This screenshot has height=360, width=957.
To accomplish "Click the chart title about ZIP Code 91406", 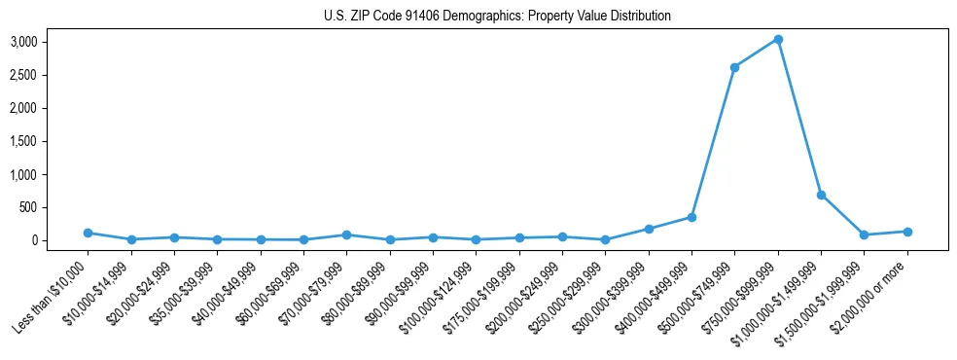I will pos(497,17).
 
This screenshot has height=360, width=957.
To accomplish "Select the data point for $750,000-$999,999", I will pos(778,40).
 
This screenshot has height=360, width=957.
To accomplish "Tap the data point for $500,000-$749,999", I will pos(734,67).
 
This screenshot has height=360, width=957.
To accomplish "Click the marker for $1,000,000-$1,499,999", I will pos(821,195).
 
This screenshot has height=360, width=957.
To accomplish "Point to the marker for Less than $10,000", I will pos(88,233).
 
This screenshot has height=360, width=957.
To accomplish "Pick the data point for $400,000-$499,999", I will pos(691,217).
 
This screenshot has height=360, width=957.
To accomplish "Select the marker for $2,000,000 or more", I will pos(907,232).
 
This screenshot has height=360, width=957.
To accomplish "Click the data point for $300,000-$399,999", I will pos(649,229).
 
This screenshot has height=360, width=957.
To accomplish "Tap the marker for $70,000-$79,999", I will pos(346,234).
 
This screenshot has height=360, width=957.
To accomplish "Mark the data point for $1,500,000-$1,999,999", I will pos(864,234).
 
